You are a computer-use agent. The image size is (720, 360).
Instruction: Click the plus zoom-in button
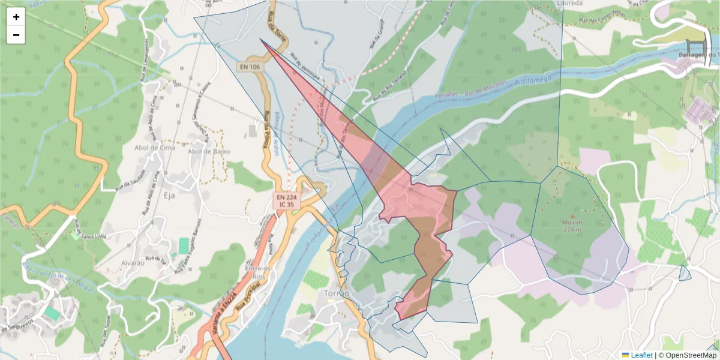click(x=16, y=17)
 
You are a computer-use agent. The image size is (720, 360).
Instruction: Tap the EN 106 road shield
click(x=249, y=67)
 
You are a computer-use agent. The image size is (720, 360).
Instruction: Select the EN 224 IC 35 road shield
click(x=286, y=200)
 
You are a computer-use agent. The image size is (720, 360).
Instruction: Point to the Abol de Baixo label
click(x=209, y=151)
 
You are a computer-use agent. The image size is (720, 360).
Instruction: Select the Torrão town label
click(x=336, y=293)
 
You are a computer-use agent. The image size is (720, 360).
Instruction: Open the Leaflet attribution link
click(x=641, y=355)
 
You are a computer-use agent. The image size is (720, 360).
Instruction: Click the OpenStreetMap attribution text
click(x=687, y=355)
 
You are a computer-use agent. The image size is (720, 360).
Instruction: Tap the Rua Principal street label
click(x=246, y=298)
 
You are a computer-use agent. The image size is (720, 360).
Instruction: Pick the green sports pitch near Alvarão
click(x=183, y=245)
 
